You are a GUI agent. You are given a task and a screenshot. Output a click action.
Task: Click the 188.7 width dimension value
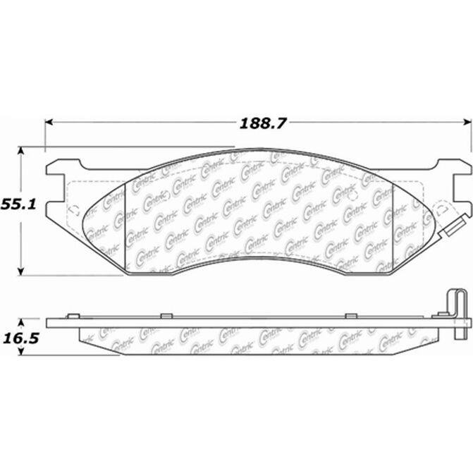click(262, 123)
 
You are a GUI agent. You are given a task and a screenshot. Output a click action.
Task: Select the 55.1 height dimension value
click(18, 204)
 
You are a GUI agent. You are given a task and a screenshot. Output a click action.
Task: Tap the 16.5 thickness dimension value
click(21, 338)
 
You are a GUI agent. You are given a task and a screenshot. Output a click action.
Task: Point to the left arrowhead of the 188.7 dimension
click(49, 122)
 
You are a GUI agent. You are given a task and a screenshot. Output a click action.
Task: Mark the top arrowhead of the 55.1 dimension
click(20, 151)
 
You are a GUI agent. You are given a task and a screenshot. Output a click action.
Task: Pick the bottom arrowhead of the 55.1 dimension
click(20, 271)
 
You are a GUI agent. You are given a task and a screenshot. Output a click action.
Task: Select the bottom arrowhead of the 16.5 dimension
click(21, 351)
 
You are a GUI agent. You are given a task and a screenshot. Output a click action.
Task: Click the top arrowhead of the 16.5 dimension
click(21, 323)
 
